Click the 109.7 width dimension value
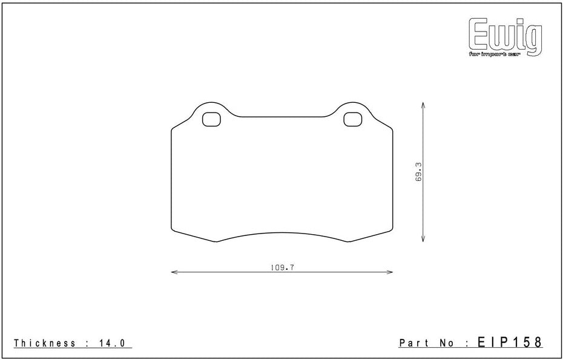point(282,267)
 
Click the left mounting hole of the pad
point(211,120)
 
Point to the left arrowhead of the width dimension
point(174,272)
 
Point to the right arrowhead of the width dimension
point(390,272)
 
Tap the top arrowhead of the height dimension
point(423,104)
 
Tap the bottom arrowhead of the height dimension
point(423,240)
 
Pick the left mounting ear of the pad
point(210,109)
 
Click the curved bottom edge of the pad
point(282,234)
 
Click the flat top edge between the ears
point(282,117)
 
